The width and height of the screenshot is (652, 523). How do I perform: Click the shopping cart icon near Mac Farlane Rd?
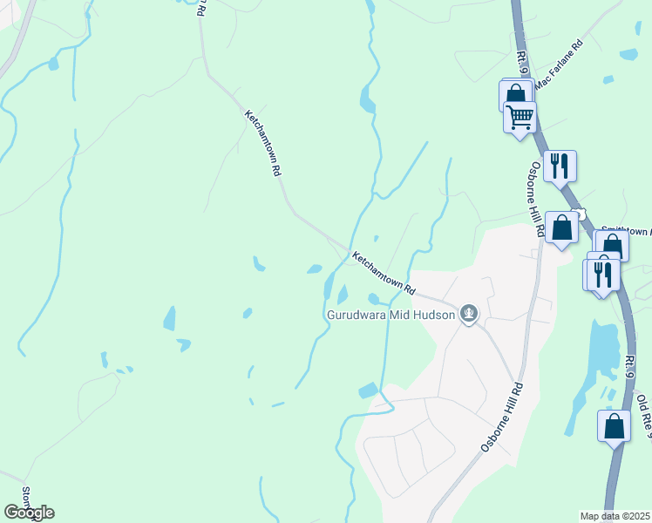tap(520, 116)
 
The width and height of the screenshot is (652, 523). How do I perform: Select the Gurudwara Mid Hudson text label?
tap(391, 314)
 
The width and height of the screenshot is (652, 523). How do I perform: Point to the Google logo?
tap(29, 513)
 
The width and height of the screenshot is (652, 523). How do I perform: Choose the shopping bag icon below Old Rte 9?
tap(614, 425)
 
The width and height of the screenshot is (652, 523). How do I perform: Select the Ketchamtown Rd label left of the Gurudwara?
tap(384, 272)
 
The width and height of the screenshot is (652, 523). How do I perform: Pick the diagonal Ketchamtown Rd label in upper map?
tap(262, 144)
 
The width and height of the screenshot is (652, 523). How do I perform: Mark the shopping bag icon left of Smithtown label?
tap(561, 228)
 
